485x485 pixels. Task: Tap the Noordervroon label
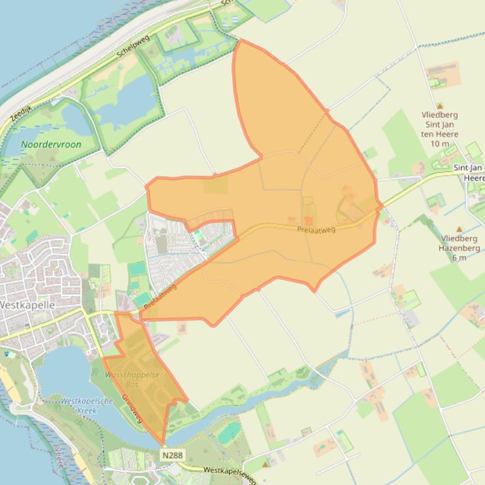click(51, 144)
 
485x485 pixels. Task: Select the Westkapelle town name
click(26, 305)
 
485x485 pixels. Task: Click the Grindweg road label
click(132, 408)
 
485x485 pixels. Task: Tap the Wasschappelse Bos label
click(132, 379)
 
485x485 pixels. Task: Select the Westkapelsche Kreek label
click(87, 405)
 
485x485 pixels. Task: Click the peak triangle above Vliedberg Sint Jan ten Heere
click(440, 106)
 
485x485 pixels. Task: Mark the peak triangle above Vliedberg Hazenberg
click(459, 229)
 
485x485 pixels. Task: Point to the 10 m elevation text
click(440, 144)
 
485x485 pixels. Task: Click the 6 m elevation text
click(459, 258)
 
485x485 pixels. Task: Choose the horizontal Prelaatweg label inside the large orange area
click(317, 230)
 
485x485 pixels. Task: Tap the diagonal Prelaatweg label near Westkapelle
click(160, 296)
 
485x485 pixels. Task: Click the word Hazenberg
click(459, 248)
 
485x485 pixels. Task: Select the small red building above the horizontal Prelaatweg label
click(308, 220)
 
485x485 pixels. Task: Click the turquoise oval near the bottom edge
click(228, 433)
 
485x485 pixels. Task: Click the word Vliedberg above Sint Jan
click(440, 115)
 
